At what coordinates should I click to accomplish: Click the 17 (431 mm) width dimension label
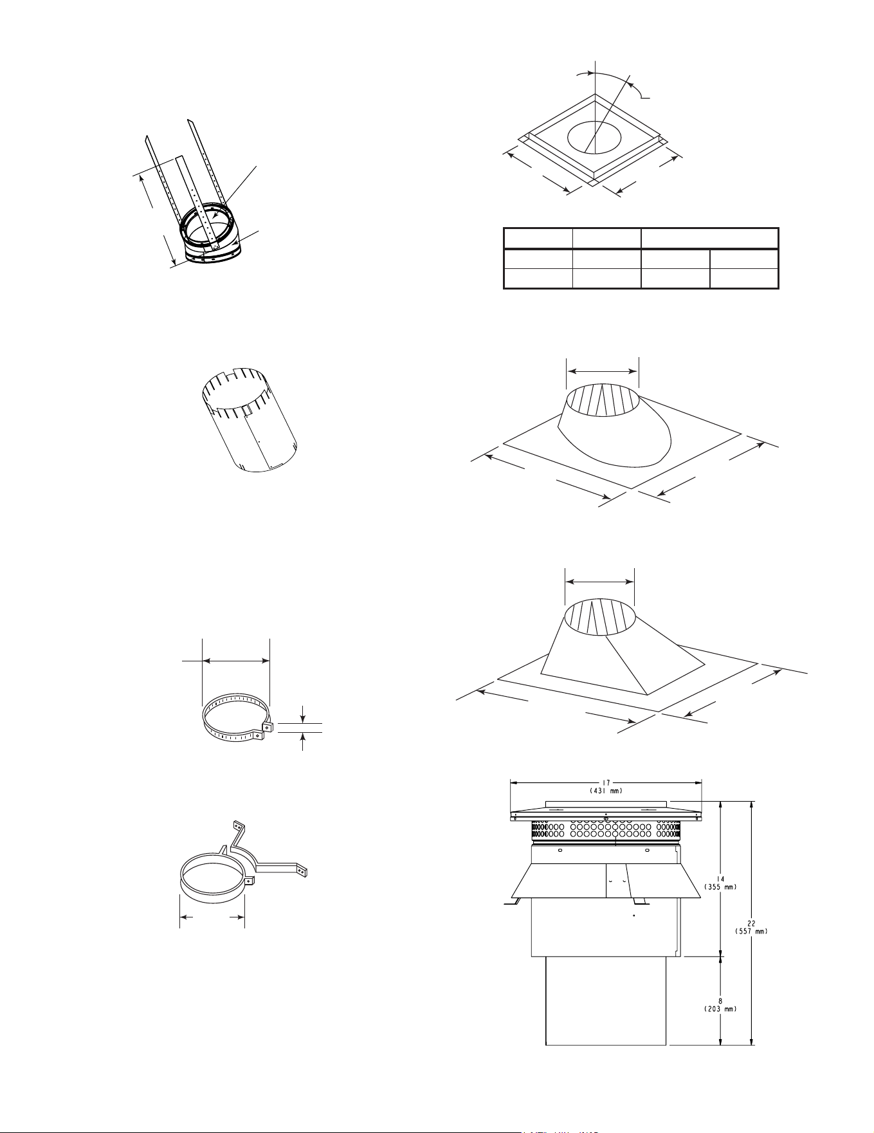(x=606, y=786)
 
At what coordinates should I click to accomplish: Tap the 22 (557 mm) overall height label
(x=751, y=926)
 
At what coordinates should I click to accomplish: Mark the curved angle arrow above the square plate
(x=608, y=78)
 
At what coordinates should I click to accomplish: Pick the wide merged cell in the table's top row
(x=710, y=238)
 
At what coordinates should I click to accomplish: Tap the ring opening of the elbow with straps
(x=205, y=226)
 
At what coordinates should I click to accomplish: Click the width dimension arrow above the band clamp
(x=236, y=659)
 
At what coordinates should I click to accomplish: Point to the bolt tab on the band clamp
(x=268, y=727)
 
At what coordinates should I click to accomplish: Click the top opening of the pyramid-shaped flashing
(x=600, y=616)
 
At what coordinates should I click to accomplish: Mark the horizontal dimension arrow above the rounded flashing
(x=602, y=371)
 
